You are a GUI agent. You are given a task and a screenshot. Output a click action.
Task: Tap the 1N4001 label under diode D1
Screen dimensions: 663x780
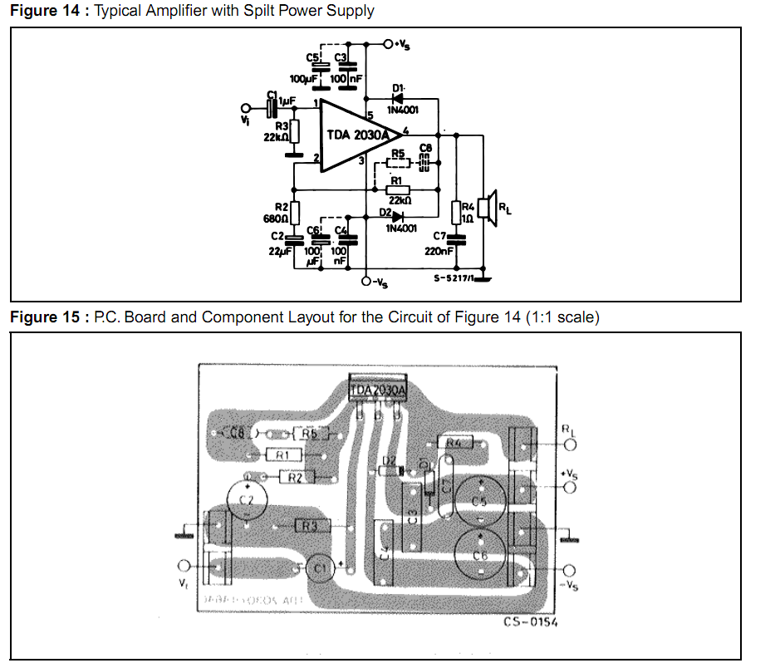pyautogui.click(x=402, y=110)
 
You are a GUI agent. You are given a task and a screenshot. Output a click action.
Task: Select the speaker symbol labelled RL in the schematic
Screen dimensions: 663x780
pyautogui.click(x=490, y=208)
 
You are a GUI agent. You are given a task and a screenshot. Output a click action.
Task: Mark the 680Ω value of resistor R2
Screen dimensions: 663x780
pyautogui.click(x=275, y=220)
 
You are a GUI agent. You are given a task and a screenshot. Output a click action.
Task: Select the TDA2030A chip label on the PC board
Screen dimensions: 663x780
pyautogui.click(x=378, y=389)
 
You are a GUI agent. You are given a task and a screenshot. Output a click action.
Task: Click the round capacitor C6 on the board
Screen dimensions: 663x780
pyautogui.click(x=478, y=556)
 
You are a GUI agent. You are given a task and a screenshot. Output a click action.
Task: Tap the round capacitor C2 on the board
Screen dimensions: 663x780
pyautogui.click(x=246, y=499)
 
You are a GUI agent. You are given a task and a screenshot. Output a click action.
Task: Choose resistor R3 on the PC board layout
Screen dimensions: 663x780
pyautogui.click(x=309, y=526)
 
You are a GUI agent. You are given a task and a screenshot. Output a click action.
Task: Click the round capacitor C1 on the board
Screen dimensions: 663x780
pyautogui.click(x=317, y=568)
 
